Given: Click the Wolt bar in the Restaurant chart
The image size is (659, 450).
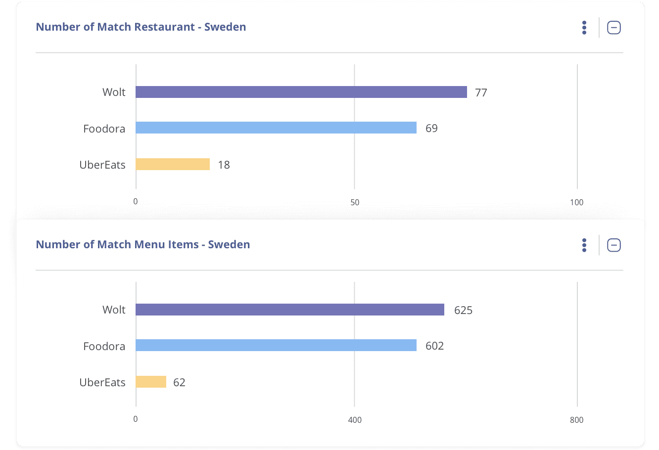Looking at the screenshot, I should pyautogui.click(x=301, y=92).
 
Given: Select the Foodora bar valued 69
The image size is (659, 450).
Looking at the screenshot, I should pyautogui.click(x=276, y=128).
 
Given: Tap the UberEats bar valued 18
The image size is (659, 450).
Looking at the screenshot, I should pyautogui.click(x=172, y=164).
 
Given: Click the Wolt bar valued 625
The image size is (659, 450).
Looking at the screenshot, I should pyautogui.click(x=289, y=310).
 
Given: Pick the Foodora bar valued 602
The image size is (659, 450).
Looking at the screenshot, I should pyautogui.click(x=276, y=346).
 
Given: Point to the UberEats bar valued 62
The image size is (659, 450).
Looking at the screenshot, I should pyautogui.click(x=150, y=382).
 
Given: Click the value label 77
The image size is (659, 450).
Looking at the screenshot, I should pyautogui.click(x=481, y=92).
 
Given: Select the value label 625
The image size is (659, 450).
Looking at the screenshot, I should pyautogui.click(x=463, y=310).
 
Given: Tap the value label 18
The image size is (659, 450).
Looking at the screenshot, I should pyautogui.click(x=224, y=165).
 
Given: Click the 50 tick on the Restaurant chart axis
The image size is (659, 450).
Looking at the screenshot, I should pyautogui.click(x=355, y=202).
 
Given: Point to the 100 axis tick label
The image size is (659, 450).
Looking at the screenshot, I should pyautogui.click(x=576, y=202).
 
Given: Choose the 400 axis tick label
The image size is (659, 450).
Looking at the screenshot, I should pyautogui.click(x=355, y=420).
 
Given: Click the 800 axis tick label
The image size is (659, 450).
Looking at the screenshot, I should pyautogui.click(x=576, y=420).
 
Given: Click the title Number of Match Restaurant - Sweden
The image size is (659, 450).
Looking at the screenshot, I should pyautogui.click(x=141, y=27).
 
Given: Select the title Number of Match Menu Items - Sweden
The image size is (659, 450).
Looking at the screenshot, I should pyautogui.click(x=143, y=244).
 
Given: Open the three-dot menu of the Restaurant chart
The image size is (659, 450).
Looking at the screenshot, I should pyautogui.click(x=584, y=28).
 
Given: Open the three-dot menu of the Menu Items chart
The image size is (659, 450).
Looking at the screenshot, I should pyautogui.click(x=584, y=245).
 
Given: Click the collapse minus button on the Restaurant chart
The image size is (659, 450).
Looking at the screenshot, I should pyautogui.click(x=613, y=28).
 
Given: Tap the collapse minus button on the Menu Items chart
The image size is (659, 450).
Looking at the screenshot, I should pyautogui.click(x=613, y=245).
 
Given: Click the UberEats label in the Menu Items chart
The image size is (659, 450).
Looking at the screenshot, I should pyautogui.click(x=102, y=382).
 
